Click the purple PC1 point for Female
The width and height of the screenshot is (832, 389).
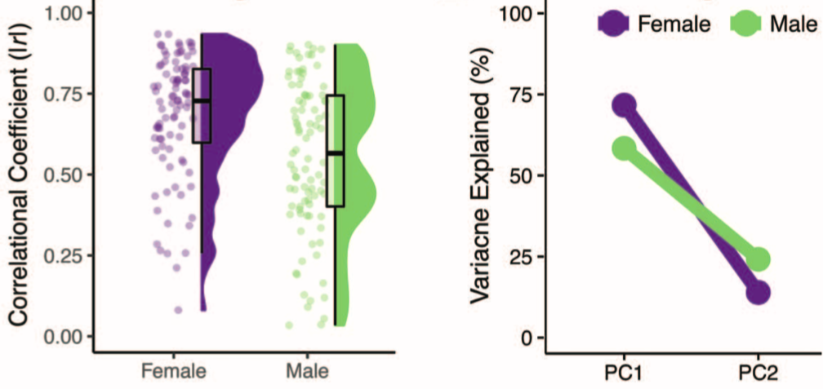coord(625,105)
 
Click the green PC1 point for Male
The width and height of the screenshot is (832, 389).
coord(625,148)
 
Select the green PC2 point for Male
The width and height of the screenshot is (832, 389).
coord(759,260)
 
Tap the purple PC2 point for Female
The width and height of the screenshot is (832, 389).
coord(759,293)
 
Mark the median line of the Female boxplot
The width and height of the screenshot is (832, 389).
coord(202,100)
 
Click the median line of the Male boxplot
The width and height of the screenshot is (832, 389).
coord(335,153)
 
